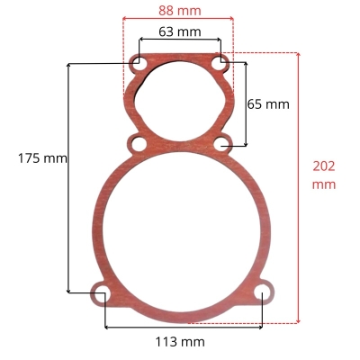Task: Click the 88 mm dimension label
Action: (180, 11)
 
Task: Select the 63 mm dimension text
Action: (180, 31)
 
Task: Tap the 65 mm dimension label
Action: (268, 104)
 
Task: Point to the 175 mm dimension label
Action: (42, 158)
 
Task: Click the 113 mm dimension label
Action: (180, 342)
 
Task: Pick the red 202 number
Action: (324, 166)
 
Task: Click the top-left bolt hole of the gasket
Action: (139, 63)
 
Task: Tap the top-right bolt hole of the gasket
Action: (220, 63)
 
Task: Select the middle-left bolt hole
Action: (139, 144)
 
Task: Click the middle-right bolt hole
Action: (221, 144)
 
